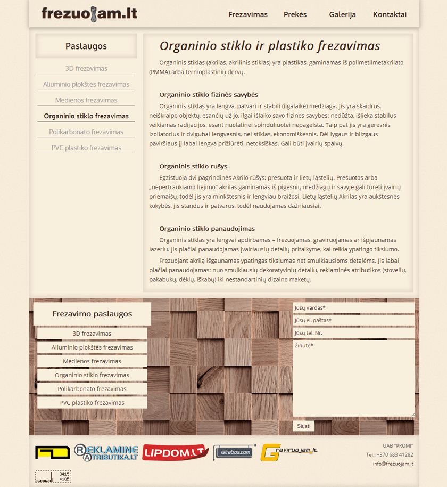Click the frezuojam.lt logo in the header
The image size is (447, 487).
(89, 14)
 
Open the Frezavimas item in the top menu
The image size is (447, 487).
(248, 14)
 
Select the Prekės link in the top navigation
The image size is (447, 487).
(295, 14)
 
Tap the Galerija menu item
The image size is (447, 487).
(342, 14)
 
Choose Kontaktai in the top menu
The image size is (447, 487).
(390, 14)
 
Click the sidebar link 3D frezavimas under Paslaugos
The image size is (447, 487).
(86, 68)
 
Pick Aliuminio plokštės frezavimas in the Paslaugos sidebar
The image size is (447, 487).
(86, 84)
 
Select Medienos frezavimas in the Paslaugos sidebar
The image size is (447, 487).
(86, 100)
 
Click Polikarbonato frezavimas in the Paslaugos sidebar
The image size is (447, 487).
(86, 132)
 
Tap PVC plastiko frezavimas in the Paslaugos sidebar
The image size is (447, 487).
(86, 148)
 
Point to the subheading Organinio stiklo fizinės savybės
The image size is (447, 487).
(209, 95)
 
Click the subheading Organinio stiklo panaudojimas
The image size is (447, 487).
(207, 229)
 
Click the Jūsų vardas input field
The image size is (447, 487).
(353, 308)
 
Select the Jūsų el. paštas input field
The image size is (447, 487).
(353, 320)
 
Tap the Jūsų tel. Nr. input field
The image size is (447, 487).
(353, 333)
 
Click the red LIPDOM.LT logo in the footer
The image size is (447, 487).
(175, 452)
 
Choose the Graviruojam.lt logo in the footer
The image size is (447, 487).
(289, 452)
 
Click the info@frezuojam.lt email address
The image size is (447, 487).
(393, 464)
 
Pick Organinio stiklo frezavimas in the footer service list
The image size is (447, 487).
(92, 375)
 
